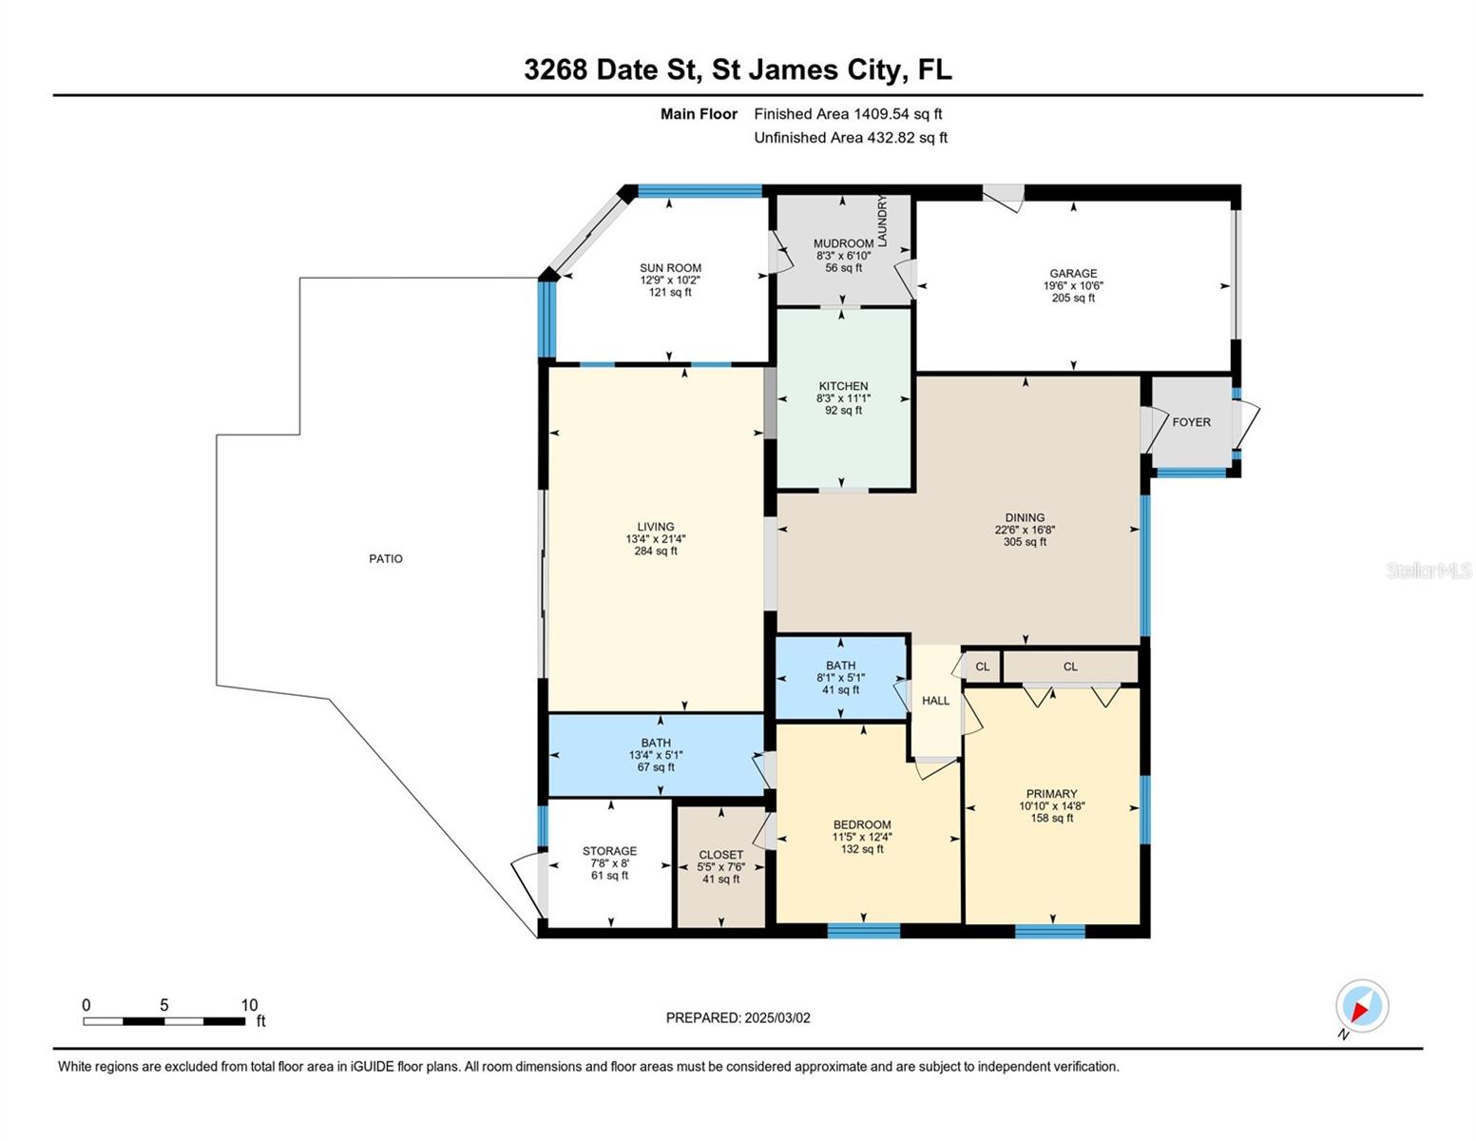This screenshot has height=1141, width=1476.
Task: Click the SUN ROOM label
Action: tap(670, 268)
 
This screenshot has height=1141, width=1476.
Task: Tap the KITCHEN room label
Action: tap(843, 386)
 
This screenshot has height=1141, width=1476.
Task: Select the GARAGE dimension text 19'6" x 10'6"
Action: tap(1073, 285)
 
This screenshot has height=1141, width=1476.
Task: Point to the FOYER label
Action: tap(1191, 422)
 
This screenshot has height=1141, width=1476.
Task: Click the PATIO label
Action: tap(385, 558)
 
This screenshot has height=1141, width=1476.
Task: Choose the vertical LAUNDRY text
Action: tap(882, 221)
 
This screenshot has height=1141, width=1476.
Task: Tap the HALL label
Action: tap(935, 701)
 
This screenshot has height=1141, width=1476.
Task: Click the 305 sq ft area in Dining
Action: tap(1025, 542)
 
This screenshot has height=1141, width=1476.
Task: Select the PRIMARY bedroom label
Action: tap(1051, 794)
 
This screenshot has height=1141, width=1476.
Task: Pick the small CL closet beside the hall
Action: tap(982, 667)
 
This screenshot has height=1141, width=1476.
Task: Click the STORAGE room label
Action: tap(609, 851)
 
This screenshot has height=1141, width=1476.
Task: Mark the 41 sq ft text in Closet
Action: tap(720, 880)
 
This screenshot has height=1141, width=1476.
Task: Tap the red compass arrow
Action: tap(1358, 1010)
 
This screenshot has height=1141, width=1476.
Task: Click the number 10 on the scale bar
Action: tap(249, 1005)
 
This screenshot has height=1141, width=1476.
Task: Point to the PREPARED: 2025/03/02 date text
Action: tap(738, 1018)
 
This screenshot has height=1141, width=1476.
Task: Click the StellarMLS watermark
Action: tap(1428, 570)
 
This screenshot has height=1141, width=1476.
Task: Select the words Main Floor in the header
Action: tap(699, 114)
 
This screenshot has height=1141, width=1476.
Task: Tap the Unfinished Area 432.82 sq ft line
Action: tap(851, 138)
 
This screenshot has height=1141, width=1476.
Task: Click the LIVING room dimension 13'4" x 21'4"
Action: tap(656, 539)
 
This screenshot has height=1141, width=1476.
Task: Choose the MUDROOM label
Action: tap(844, 243)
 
